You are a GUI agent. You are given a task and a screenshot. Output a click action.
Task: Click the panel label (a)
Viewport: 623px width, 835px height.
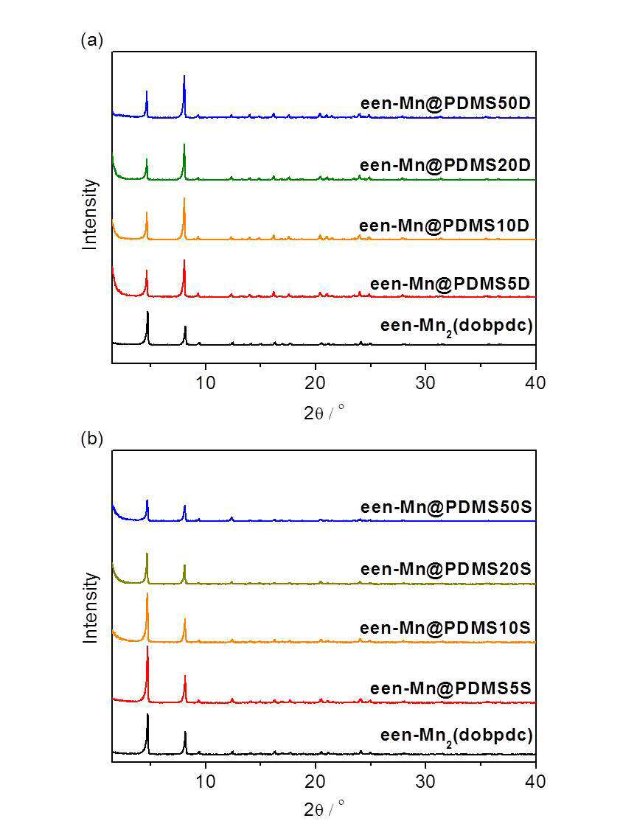tap(91, 41)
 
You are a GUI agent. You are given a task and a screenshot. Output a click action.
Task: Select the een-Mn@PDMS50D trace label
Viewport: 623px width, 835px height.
tap(445, 103)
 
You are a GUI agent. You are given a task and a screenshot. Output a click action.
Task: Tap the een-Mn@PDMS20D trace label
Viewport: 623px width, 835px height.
tap(445, 165)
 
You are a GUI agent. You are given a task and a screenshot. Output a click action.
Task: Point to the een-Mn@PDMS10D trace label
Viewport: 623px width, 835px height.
tap(445, 226)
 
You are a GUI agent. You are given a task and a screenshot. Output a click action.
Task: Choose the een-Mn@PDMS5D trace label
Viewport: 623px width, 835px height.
tap(450, 283)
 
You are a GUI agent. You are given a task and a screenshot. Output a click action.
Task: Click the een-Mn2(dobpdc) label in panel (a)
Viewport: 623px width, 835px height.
tap(456, 326)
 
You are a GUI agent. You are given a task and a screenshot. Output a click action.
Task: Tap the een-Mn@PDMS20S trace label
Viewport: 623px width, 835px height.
tap(446, 569)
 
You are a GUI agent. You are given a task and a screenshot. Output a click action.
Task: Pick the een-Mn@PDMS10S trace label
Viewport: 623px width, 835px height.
tap(445, 628)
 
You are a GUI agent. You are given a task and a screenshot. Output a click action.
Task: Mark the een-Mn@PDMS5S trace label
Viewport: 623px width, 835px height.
tap(451, 688)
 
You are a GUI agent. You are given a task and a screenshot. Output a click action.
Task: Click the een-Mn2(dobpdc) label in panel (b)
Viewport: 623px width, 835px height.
tap(456, 736)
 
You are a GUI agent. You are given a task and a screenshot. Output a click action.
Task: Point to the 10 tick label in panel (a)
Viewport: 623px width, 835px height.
tap(206, 382)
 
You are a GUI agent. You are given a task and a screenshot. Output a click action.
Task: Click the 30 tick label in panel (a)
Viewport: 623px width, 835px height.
tap(425, 382)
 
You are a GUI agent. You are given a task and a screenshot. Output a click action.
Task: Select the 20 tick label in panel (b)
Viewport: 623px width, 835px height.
tap(316, 781)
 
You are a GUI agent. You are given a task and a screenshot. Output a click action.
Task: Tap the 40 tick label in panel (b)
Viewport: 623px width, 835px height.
tap(535, 781)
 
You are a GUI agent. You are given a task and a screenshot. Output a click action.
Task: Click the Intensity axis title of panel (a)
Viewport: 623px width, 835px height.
tap(91, 214)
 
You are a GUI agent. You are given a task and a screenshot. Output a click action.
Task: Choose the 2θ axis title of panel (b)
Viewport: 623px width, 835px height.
tap(324, 809)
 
